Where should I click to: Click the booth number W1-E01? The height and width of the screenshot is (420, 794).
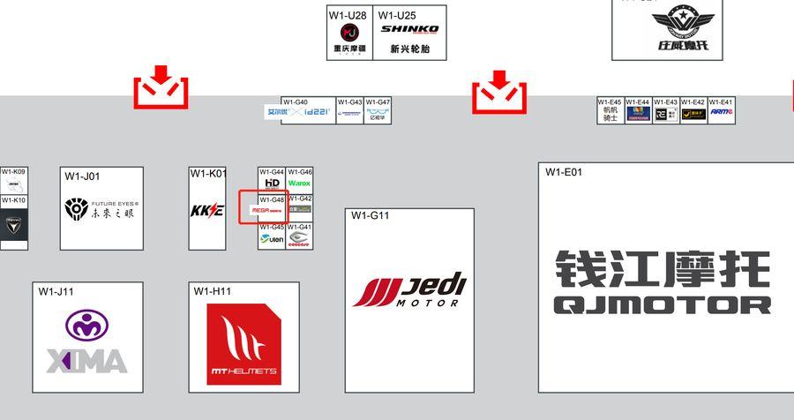coord(564,172)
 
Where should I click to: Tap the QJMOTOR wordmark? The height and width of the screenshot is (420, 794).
coord(662,305)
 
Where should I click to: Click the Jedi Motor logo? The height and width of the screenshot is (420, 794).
coord(409,290)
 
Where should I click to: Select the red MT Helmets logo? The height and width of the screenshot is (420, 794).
coord(243,345)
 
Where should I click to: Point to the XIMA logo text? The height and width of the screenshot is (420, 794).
coord(86,360)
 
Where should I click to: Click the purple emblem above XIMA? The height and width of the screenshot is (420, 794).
coord(86,326)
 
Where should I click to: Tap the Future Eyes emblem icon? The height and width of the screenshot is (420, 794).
coord(75,209)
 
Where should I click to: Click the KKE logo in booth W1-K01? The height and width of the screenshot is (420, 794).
coord(207,211)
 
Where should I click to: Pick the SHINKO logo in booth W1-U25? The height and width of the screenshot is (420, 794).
coord(409,29)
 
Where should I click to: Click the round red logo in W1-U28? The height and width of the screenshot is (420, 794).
coord(349,33)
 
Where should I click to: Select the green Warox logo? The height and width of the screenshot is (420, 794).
coord(300,184)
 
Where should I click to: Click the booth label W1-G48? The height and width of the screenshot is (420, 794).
coord(272,200)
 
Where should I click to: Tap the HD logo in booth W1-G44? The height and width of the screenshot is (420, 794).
coord(272,184)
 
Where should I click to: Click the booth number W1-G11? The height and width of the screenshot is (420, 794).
coord(370,215)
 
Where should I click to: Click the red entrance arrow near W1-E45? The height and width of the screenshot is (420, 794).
coord(499,91)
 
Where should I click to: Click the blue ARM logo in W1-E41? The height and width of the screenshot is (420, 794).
coord(721,113)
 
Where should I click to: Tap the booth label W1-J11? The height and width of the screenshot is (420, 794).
coord(56,291)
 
